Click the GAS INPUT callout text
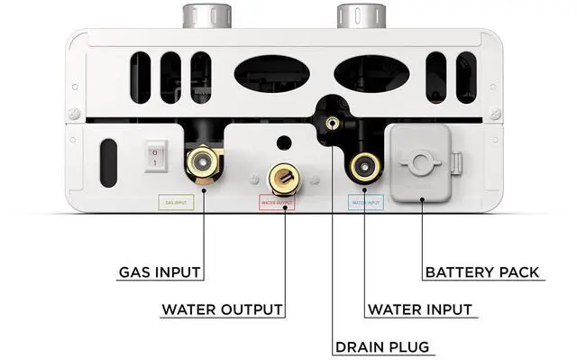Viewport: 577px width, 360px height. coord(160,271)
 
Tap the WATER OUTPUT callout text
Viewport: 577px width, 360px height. coord(222,309)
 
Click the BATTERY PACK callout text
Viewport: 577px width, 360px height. coord(483,271)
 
